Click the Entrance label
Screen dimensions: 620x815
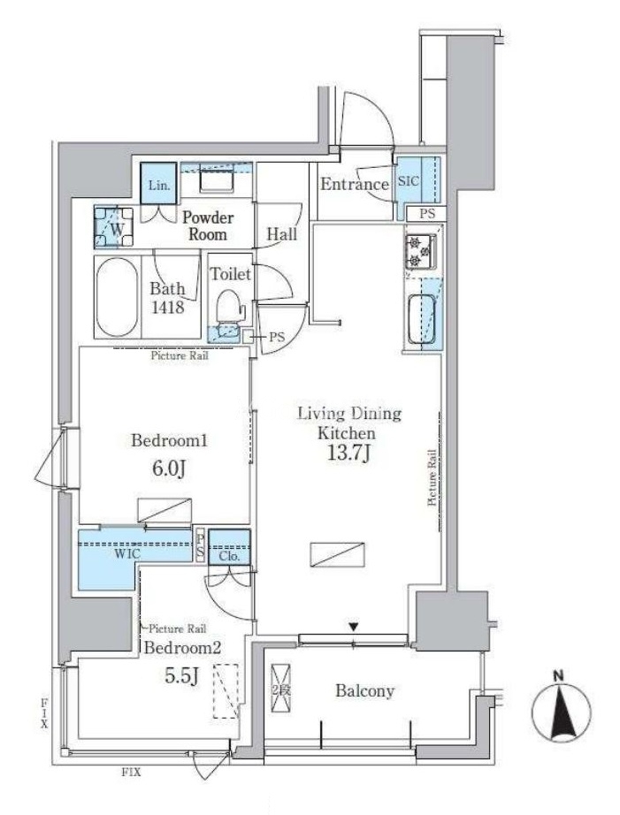[x=355, y=184]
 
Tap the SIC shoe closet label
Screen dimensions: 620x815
[x=409, y=180]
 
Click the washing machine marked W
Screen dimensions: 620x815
[x=113, y=226]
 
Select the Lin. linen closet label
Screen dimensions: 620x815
[x=159, y=185]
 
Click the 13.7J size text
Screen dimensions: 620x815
[x=348, y=453]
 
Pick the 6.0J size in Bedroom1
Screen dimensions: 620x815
[x=169, y=468]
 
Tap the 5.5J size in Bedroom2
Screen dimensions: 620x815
[x=181, y=675]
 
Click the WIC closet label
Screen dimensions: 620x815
[x=126, y=554]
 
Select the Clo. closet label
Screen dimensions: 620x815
[x=229, y=556]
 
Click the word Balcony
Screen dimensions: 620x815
[x=364, y=690]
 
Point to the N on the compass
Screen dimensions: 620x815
[x=559, y=676]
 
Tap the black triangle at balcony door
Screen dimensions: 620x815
[x=354, y=628]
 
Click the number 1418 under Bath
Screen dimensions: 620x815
[x=168, y=307]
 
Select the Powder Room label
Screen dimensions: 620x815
[x=208, y=225]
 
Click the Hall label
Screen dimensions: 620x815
[x=282, y=234]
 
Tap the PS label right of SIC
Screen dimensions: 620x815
[x=427, y=214]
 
